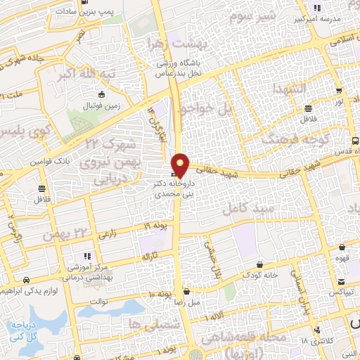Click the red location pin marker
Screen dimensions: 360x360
click(x=181, y=165)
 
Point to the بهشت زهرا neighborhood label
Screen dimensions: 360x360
click(x=173, y=44)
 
